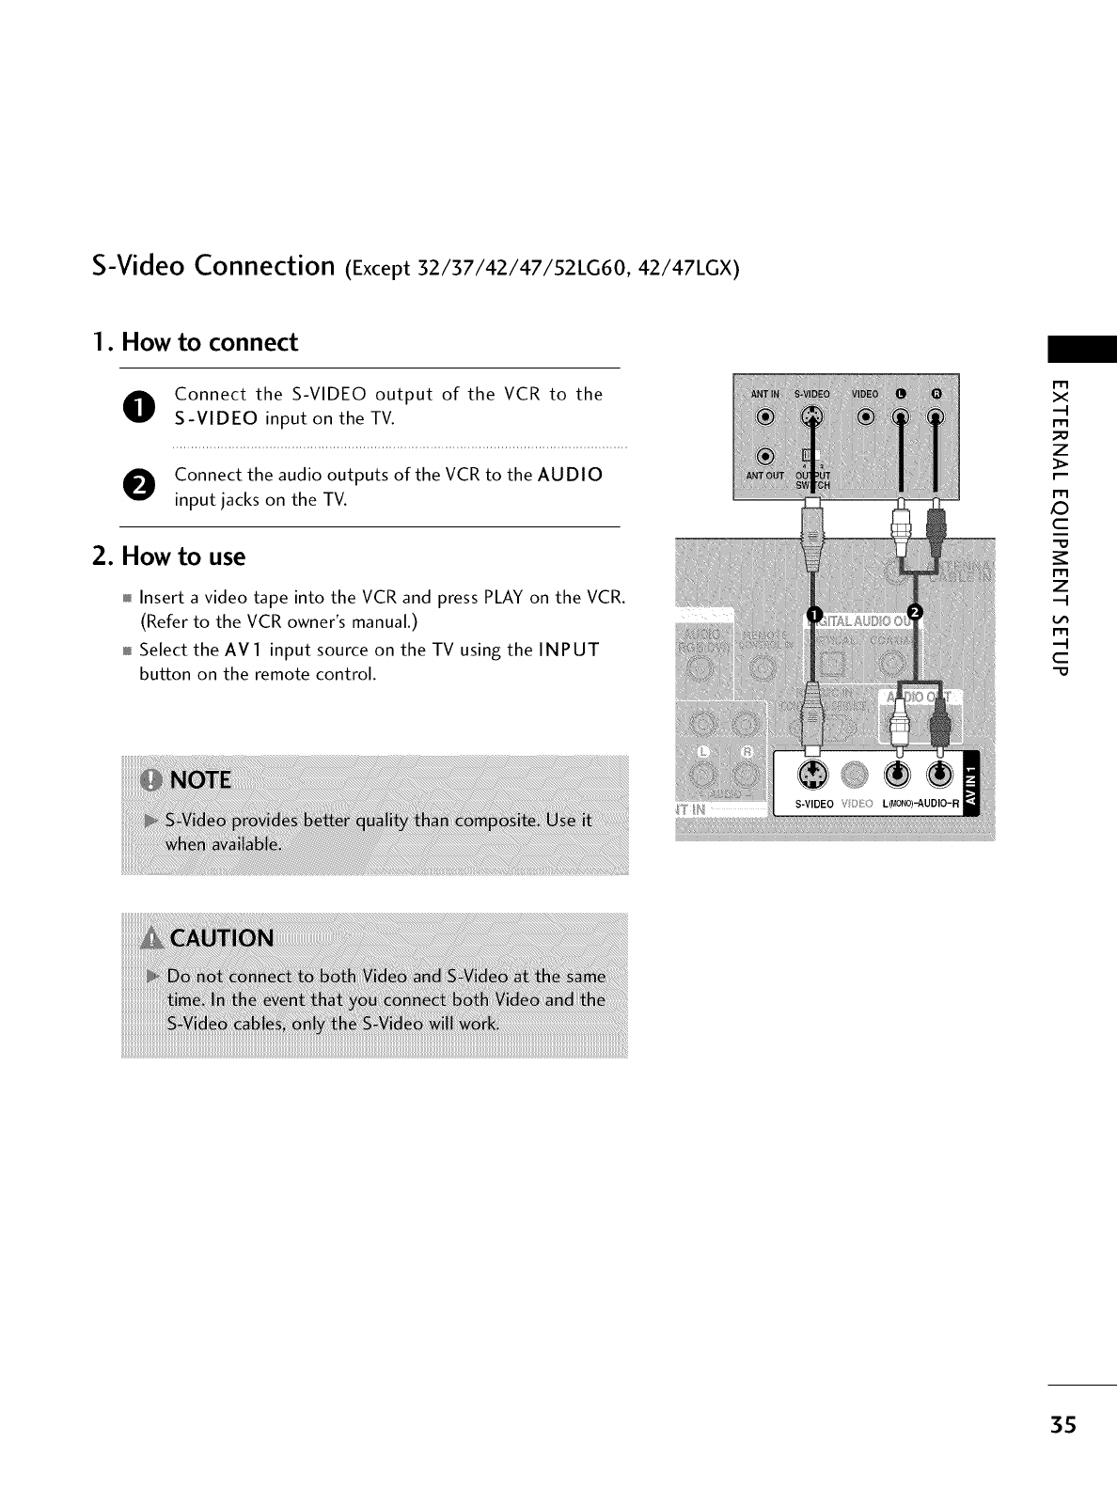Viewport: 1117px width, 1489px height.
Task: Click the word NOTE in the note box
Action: point(197,780)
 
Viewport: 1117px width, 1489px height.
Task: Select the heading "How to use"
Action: point(169,556)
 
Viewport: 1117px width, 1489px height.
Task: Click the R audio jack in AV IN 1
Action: point(940,774)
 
